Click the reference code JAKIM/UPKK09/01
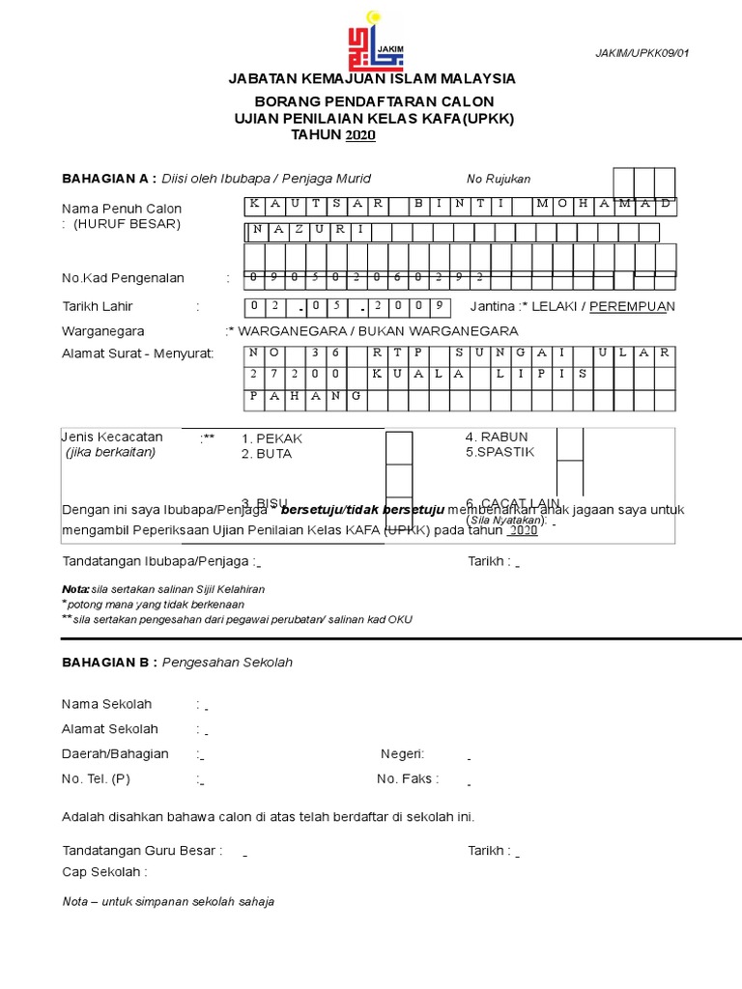point(642,54)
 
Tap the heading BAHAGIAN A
point(108,179)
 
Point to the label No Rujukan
point(499,180)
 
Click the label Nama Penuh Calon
point(122,209)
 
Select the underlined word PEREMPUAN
point(633,307)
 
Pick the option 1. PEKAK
point(272,438)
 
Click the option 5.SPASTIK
point(499,452)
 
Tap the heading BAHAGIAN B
point(108,663)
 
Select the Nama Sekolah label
point(107,704)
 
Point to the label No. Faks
point(408,778)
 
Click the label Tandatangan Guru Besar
point(142,851)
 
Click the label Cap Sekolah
point(104,872)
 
